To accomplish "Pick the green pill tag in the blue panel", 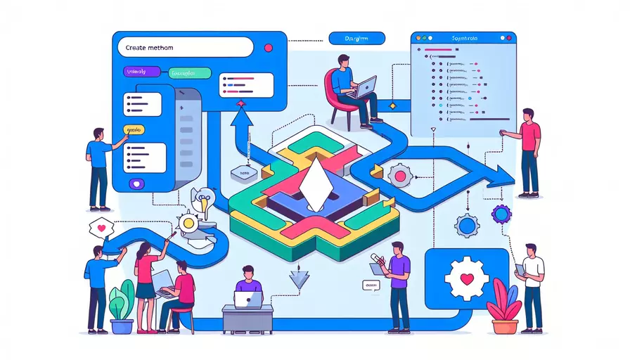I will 191,72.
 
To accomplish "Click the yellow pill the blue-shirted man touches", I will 135,130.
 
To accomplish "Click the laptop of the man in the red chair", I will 366,88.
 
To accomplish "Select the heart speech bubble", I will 102,227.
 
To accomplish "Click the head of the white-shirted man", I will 531,249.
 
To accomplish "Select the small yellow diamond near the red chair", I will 393,105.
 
